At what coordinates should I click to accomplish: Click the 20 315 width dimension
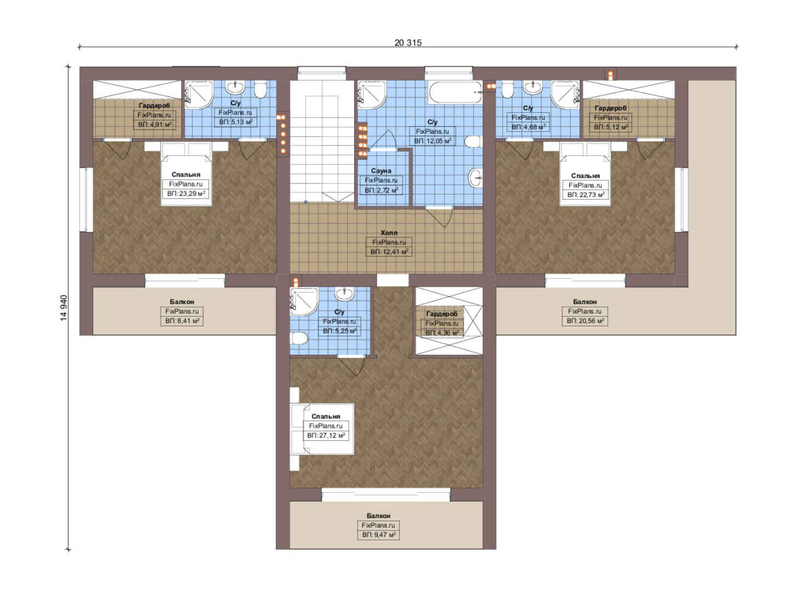click(x=408, y=43)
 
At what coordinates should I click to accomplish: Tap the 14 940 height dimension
click(x=64, y=308)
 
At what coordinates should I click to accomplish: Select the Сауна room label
click(x=381, y=170)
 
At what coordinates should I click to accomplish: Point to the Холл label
click(x=389, y=233)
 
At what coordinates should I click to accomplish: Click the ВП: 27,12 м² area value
click(x=326, y=435)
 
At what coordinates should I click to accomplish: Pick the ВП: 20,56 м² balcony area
click(x=585, y=321)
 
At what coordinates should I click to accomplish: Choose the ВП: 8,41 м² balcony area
click(x=182, y=321)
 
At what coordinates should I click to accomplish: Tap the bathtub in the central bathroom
click(x=455, y=92)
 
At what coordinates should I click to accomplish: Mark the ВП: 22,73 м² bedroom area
click(x=585, y=195)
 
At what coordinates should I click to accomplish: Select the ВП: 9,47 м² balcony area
click(x=379, y=535)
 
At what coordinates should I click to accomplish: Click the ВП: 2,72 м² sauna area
click(x=382, y=190)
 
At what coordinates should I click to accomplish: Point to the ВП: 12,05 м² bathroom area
click(x=433, y=141)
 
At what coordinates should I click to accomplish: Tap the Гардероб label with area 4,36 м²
click(x=442, y=314)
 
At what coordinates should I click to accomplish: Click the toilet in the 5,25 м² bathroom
click(x=299, y=338)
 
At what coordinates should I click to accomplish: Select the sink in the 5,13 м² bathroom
click(x=235, y=87)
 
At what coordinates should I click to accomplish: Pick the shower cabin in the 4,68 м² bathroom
click(x=565, y=94)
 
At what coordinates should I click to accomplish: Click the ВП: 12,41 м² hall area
click(x=389, y=252)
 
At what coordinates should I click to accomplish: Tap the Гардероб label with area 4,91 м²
click(x=155, y=106)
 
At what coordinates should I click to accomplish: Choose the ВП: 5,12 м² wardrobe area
click(x=611, y=127)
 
